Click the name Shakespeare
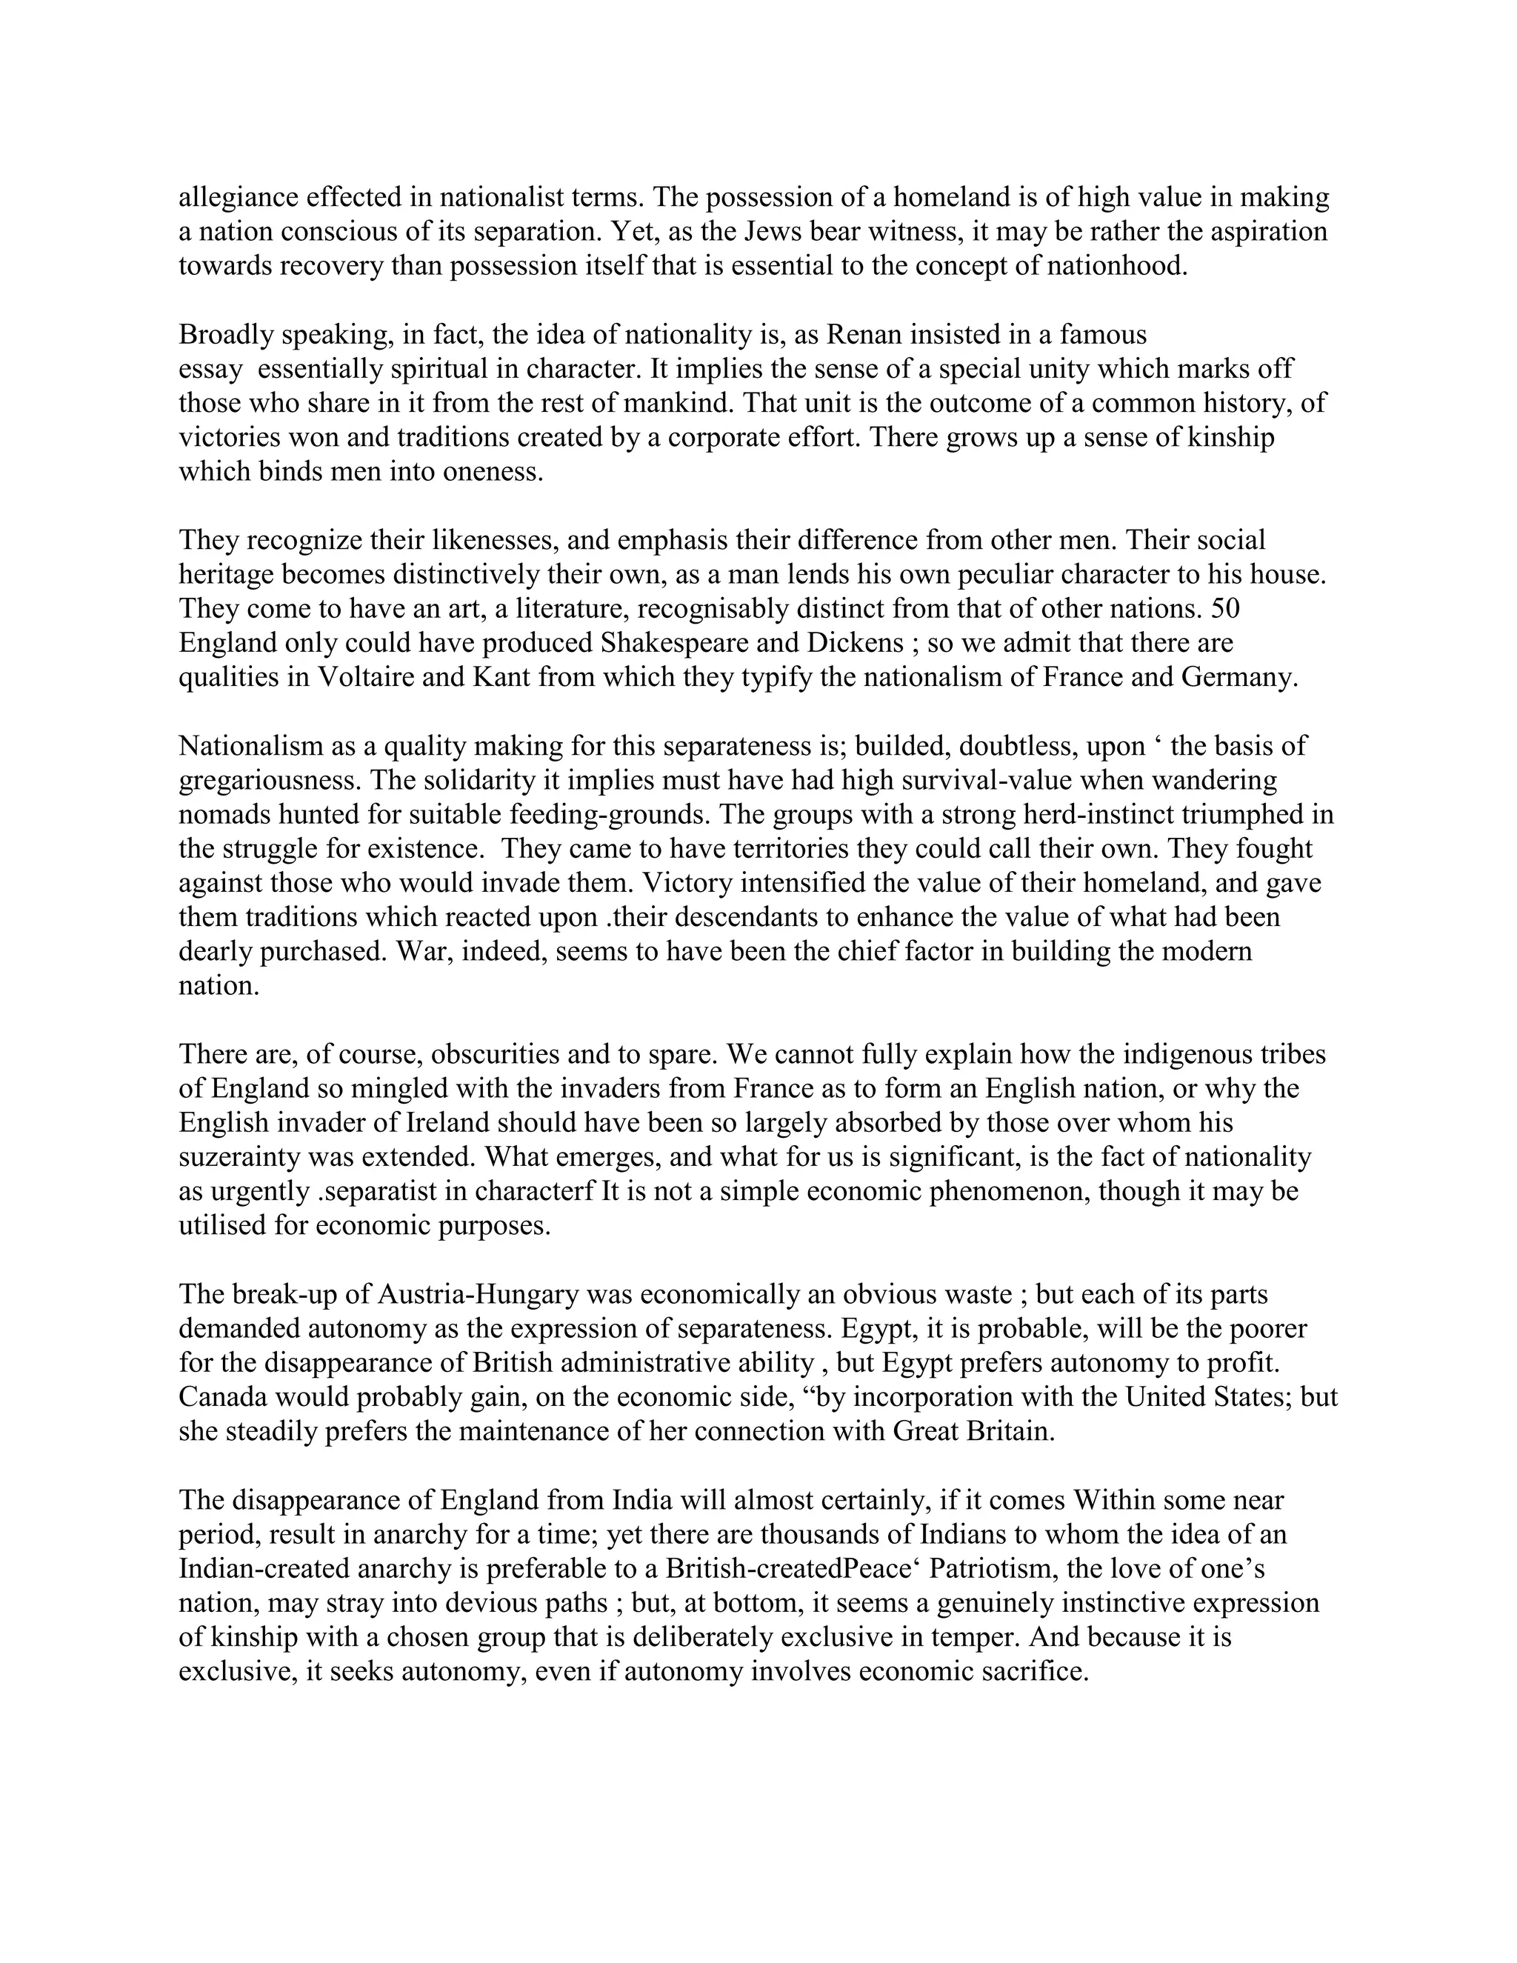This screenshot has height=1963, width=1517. (x=678, y=644)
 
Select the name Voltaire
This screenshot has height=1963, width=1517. (x=363, y=678)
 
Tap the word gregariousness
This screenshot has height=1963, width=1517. (x=267, y=780)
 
